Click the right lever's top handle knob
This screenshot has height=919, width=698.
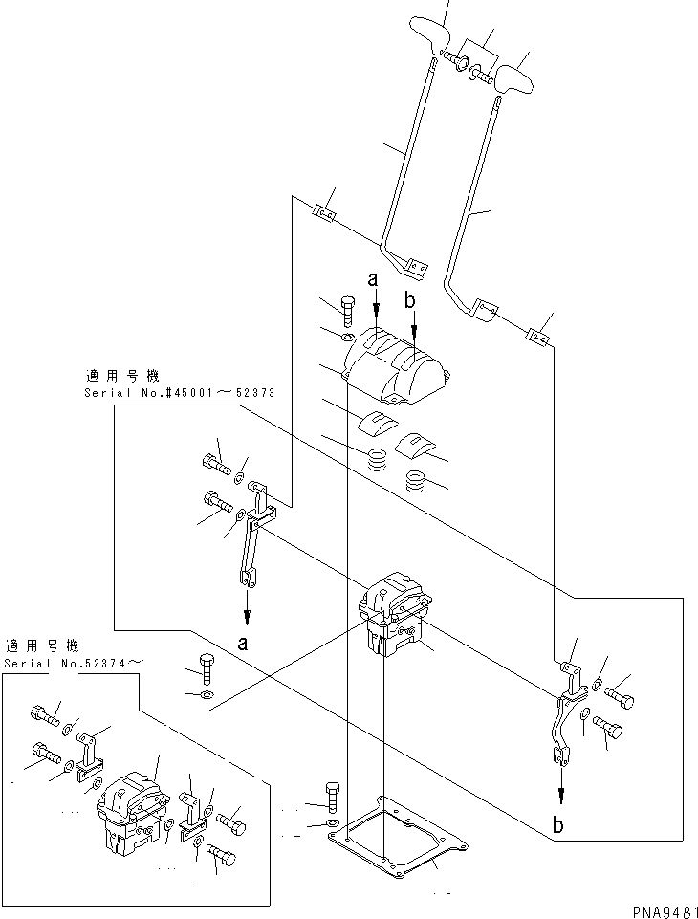[514, 76]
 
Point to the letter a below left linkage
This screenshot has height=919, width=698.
[245, 644]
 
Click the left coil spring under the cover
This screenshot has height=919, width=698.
[378, 458]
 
